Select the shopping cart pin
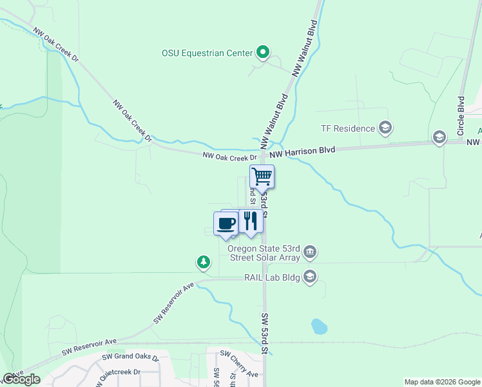click(262, 176)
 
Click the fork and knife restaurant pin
click(251, 221)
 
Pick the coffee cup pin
click(226, 224)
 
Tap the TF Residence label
click(348, 128)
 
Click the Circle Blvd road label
click(461, 116)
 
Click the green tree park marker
click(204, 262)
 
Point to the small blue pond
click(319, 326)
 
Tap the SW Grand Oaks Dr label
click(131, 357)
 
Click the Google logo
click(21, 379)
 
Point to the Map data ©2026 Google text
click(441, 382)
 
